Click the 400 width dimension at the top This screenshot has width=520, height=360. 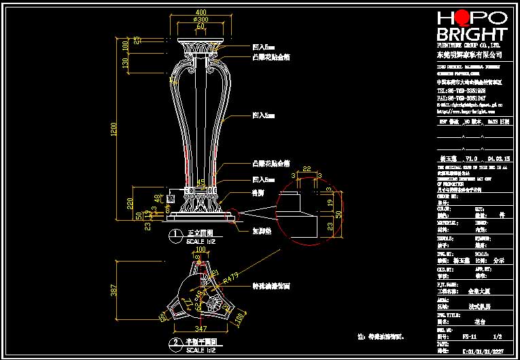point(201,13)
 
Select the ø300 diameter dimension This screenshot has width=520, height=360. point(201,20)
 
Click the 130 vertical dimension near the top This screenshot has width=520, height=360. point(125,63)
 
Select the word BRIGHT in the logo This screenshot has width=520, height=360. point(471,35)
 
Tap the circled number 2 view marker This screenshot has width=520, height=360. point(175,342)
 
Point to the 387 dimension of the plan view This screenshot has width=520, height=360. point(114,290)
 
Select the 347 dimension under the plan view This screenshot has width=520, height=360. point(200,328)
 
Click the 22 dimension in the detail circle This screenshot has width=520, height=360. point(307,168)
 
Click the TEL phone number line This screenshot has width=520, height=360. point(461,90)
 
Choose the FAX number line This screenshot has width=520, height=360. point(461,98)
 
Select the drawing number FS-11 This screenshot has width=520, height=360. point(468,336)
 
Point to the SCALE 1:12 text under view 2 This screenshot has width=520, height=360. point(201,350)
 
